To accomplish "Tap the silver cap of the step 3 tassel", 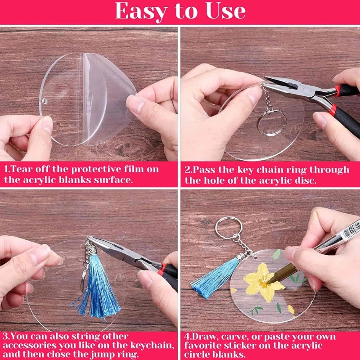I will tap(92, 250).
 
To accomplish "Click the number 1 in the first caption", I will tap(6, 170).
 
